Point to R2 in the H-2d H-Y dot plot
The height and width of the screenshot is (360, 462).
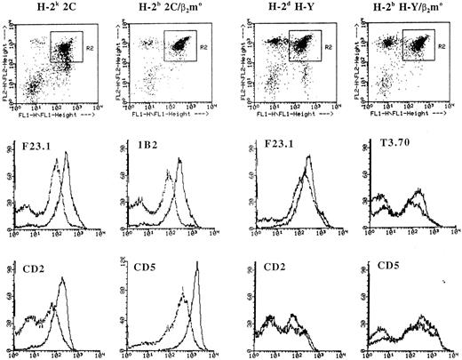331,41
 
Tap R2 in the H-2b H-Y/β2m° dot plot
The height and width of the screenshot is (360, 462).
447,41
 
